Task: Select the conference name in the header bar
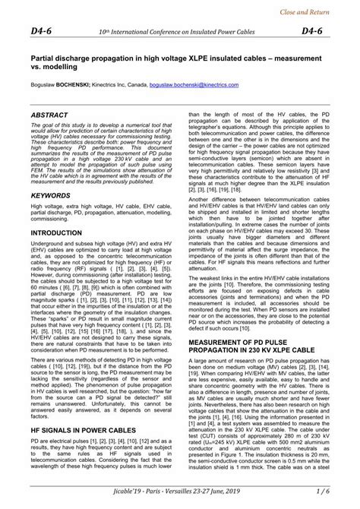180,31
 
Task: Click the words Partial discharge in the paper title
60,58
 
